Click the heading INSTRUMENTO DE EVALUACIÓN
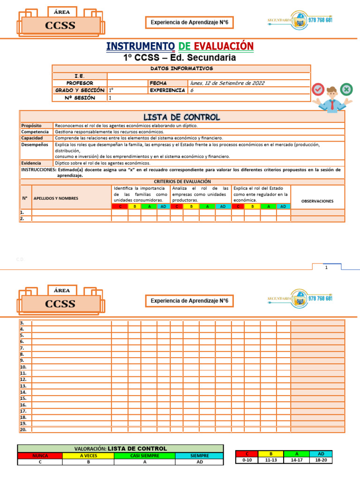[x=180, y=46]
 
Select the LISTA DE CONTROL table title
[x=181, y=117]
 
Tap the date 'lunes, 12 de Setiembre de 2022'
[x=227, y=83]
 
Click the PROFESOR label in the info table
[x=80, y=83]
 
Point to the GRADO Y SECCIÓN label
[x=80, y=90]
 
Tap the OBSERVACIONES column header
[x=317, y=201]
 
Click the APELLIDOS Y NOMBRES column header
[x=56, y=198]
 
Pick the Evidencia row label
[x=31, y=163]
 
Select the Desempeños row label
[x=35, y=145]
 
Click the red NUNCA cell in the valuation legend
[x=40, y=455]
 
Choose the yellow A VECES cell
[x=88, y=455]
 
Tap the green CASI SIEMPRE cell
[x=145, y=455]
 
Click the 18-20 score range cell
[x=321, y=460]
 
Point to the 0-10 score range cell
[x=247, y=460]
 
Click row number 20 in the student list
[x=23, y=429]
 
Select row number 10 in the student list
[x=23, y=367]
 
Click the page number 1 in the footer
[x=326, y=267]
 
